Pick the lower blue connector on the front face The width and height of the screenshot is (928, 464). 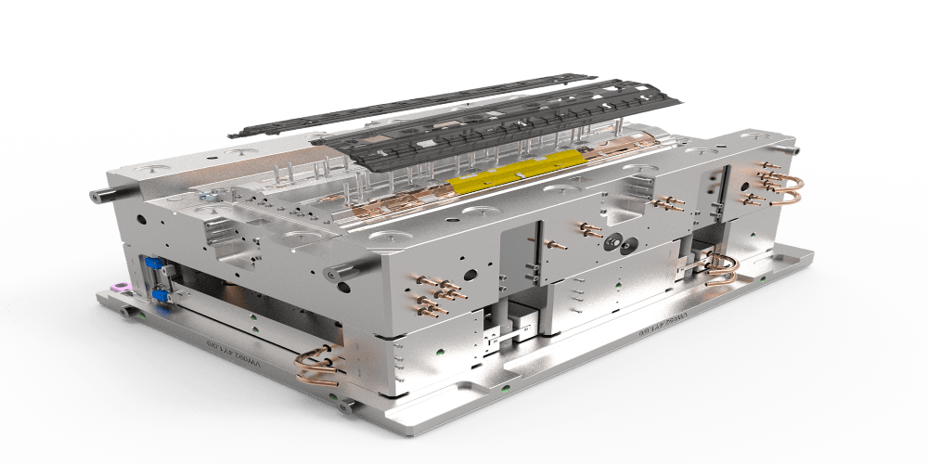(x=159, y=295)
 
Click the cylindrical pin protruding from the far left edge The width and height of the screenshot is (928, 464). (x=100, y=195)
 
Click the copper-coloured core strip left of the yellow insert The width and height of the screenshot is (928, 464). (x=408, y=196)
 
